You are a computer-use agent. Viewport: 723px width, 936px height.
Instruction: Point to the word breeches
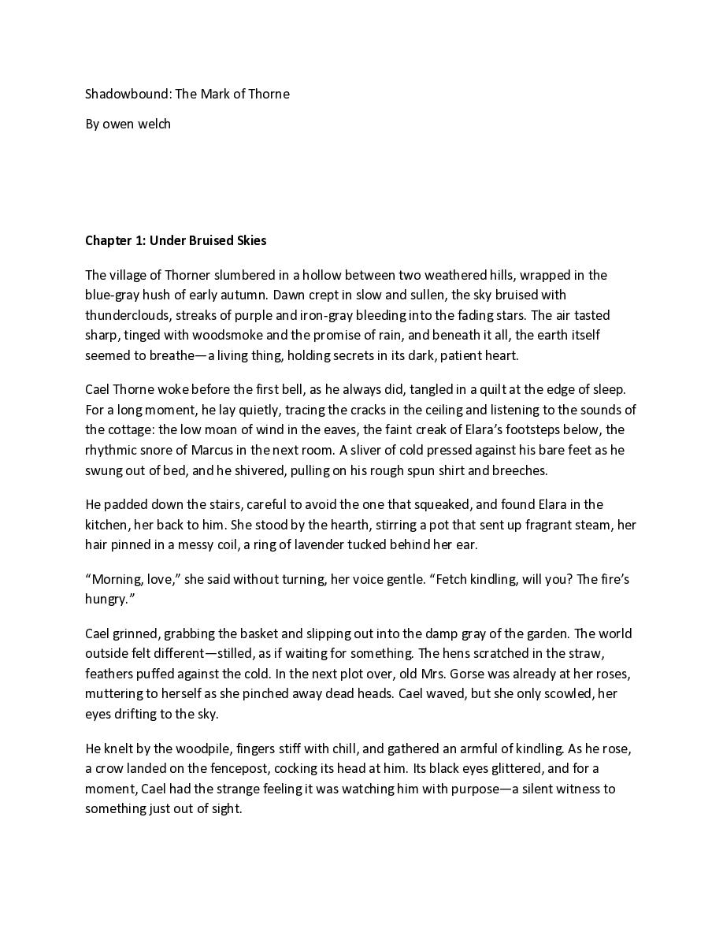518,470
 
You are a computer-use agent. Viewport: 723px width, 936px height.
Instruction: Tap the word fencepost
224,768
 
